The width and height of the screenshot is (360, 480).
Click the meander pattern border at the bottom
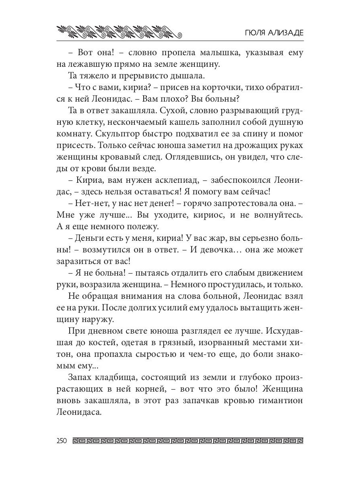pos(188,442)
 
